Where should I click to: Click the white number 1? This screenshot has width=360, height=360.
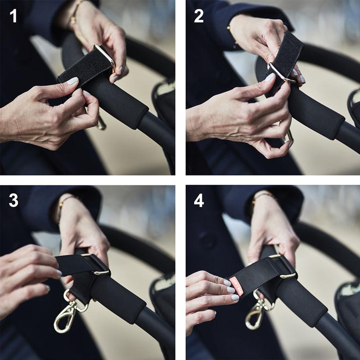tap(13, 16)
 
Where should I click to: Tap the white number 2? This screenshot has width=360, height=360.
tap(199, 16)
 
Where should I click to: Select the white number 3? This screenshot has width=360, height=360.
tap(13, 200)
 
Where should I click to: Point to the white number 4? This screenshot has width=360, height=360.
tap(199, 201)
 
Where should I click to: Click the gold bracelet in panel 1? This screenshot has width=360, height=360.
tap(75, 12)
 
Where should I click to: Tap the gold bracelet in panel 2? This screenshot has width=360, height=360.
tap(231, 35)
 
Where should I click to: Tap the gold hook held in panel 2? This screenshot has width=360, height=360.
tap(288, 137)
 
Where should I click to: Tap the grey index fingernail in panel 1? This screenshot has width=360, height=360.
tap(73, 81)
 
